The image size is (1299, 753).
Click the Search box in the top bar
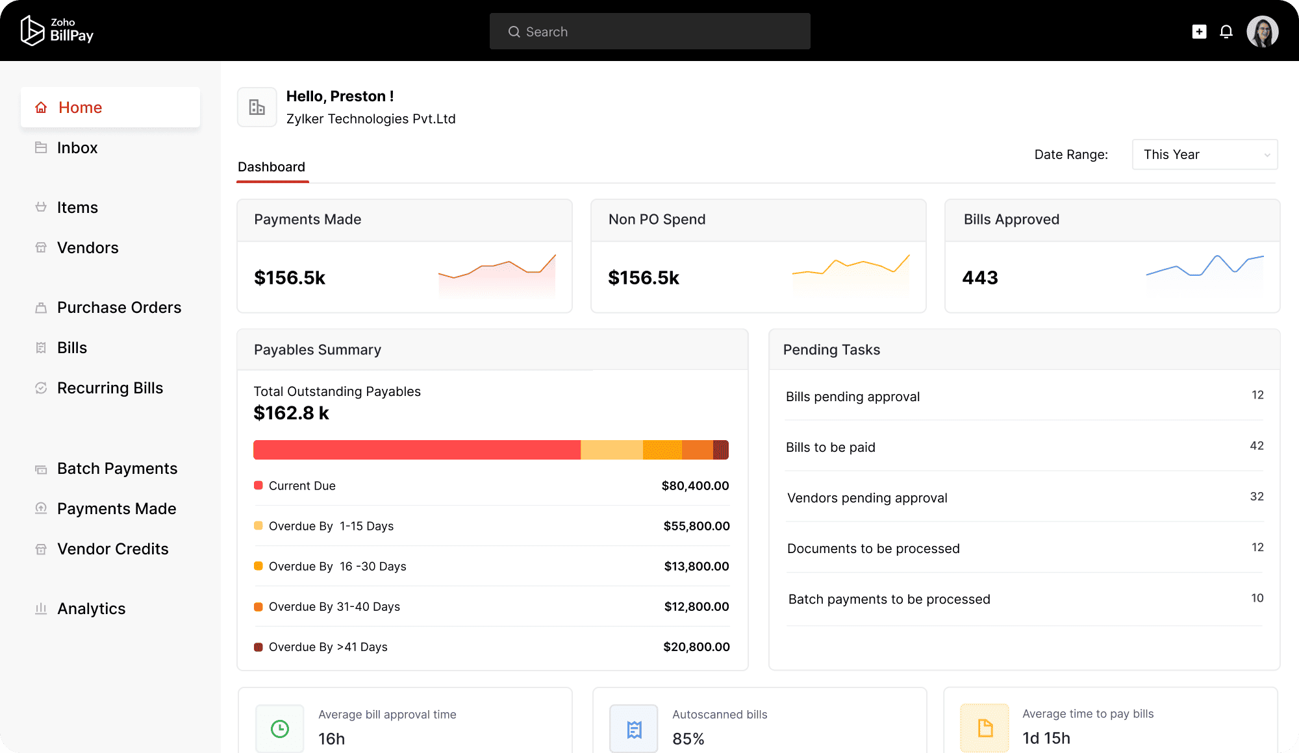coord(649,31)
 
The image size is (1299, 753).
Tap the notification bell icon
coord(1226,31)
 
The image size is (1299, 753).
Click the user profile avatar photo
coord(1262,31)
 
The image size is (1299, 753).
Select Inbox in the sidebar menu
coord(77,148)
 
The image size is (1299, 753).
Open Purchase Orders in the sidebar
coord(119,308)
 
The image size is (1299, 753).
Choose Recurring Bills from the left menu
coord(110,388)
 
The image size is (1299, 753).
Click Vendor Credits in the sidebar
coord(112,549)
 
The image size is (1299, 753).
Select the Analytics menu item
coord(91,609)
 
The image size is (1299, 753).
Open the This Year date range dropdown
coord(1204,154)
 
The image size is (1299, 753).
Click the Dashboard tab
coord(271,167)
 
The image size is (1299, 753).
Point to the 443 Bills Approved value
coord(980,278)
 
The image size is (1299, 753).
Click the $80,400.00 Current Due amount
coord(695,486)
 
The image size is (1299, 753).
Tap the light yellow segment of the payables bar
coord(611,450)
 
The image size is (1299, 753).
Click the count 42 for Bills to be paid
coord(1256,446)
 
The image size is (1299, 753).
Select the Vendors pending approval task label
coord(867,498)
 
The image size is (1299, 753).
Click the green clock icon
coord(280,729)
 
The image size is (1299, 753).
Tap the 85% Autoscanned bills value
coord(688,739)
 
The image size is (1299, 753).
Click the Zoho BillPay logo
coord(57,31)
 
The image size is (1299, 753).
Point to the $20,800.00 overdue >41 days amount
coord(696,647)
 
